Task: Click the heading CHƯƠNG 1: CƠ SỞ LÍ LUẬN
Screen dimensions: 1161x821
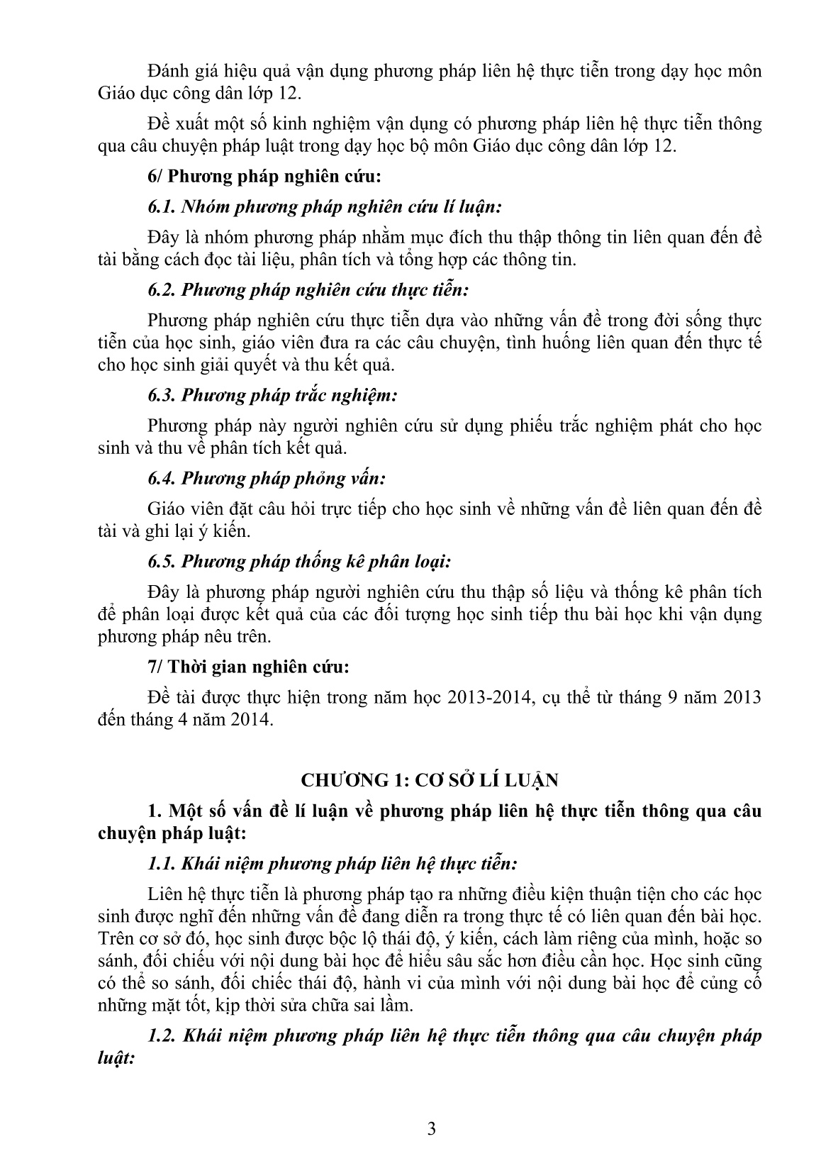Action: (x=430, y=780)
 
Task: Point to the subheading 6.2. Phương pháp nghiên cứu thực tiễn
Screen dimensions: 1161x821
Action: (x=308, y=290)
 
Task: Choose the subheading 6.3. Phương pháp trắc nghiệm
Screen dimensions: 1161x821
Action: (x=272, y=395)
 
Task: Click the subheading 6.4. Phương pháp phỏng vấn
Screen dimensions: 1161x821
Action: (x=267, y=479)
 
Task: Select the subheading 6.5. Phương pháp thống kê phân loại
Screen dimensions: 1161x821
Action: (x=299, y=562)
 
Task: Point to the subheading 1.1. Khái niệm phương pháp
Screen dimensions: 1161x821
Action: (x=333, y=864)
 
